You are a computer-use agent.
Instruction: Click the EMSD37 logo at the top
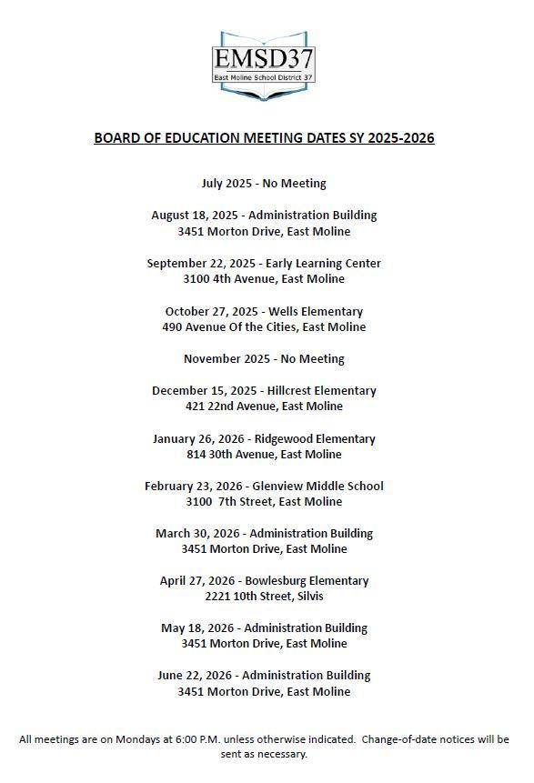point(264,64)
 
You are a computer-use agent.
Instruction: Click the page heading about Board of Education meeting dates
point(264,138)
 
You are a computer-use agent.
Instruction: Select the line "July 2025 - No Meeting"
point(264,184)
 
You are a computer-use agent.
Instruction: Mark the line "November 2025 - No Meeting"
point(264,358)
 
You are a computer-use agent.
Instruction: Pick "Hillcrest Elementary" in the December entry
point(321,390)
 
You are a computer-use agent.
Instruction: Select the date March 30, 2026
point(197,533)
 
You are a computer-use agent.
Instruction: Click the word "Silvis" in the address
point(307,597)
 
